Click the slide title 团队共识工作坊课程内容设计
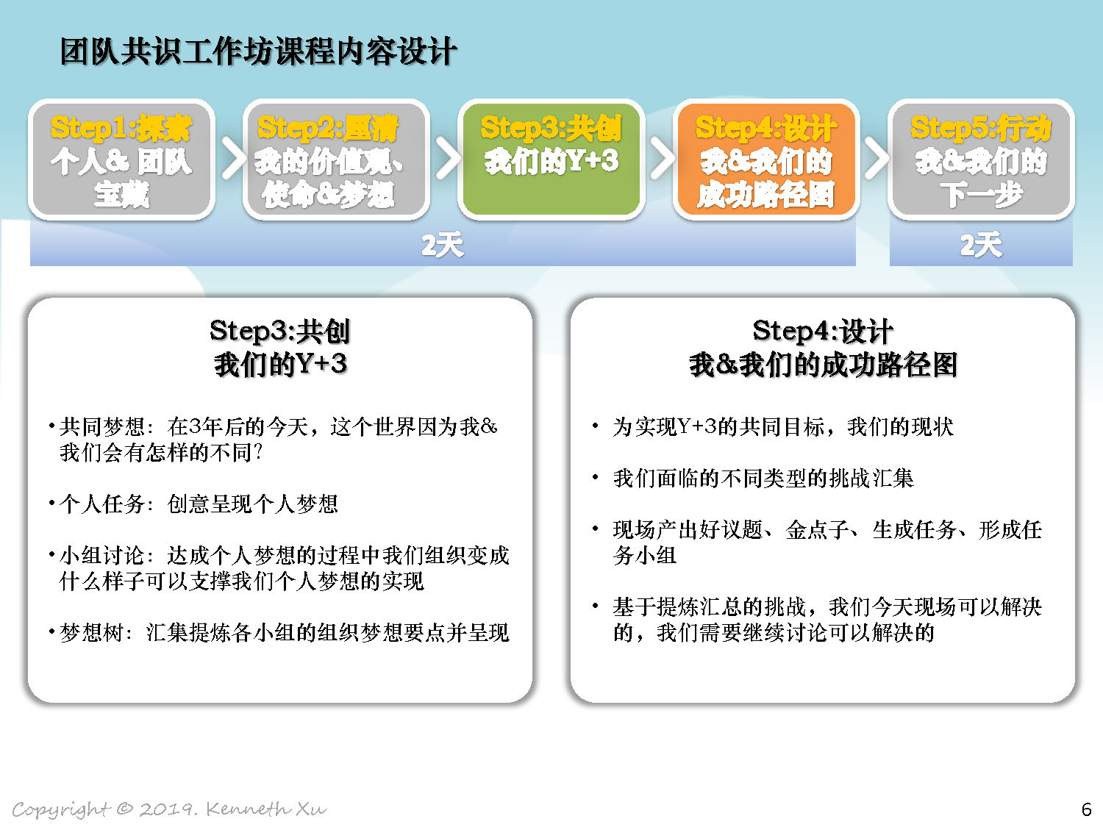pos(258,51)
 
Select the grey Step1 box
pos(121,160)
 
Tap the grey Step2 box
pos(336,160)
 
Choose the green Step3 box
pos(551,160)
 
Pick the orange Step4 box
pos(766,160)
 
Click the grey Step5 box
pos(981,160)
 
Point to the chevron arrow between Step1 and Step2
pos(233,158)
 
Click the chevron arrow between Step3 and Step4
pos(663,158)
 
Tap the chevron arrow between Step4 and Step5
pos(877,158)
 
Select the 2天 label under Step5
pos(981,245)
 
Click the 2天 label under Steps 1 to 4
pos(442,245)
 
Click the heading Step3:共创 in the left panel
pos(279,332)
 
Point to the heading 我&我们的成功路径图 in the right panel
pos(823,364)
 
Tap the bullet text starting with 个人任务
pos(199,504)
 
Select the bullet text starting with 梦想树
pos(285,632)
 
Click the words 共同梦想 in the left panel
pos(102,427)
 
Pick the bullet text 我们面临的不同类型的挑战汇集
pos(763,478)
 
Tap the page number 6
pos(1086,809)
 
